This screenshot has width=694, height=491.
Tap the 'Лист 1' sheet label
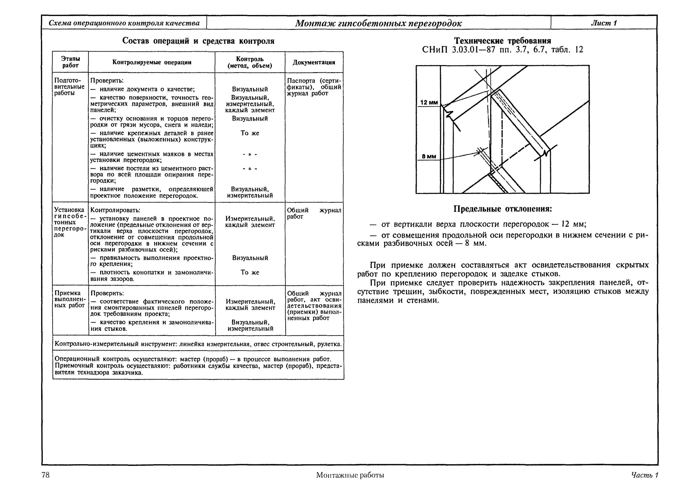pos(604,23)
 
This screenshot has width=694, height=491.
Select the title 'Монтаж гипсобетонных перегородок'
pos(378,23)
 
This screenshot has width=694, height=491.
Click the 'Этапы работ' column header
pos(70,62)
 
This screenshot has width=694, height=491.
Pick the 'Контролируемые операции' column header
pos(152,62)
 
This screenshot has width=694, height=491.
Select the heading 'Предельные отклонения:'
pos(502,209)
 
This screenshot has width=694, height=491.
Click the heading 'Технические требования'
pos(502,41)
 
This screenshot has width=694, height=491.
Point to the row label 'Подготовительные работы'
pos(69,87)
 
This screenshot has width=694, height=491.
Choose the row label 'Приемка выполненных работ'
pos(70,299)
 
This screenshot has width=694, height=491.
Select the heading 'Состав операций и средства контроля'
pos(198,41)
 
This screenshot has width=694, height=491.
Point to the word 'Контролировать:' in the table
pos(115,210)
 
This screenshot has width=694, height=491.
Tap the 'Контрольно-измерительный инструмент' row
pos(198,344)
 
